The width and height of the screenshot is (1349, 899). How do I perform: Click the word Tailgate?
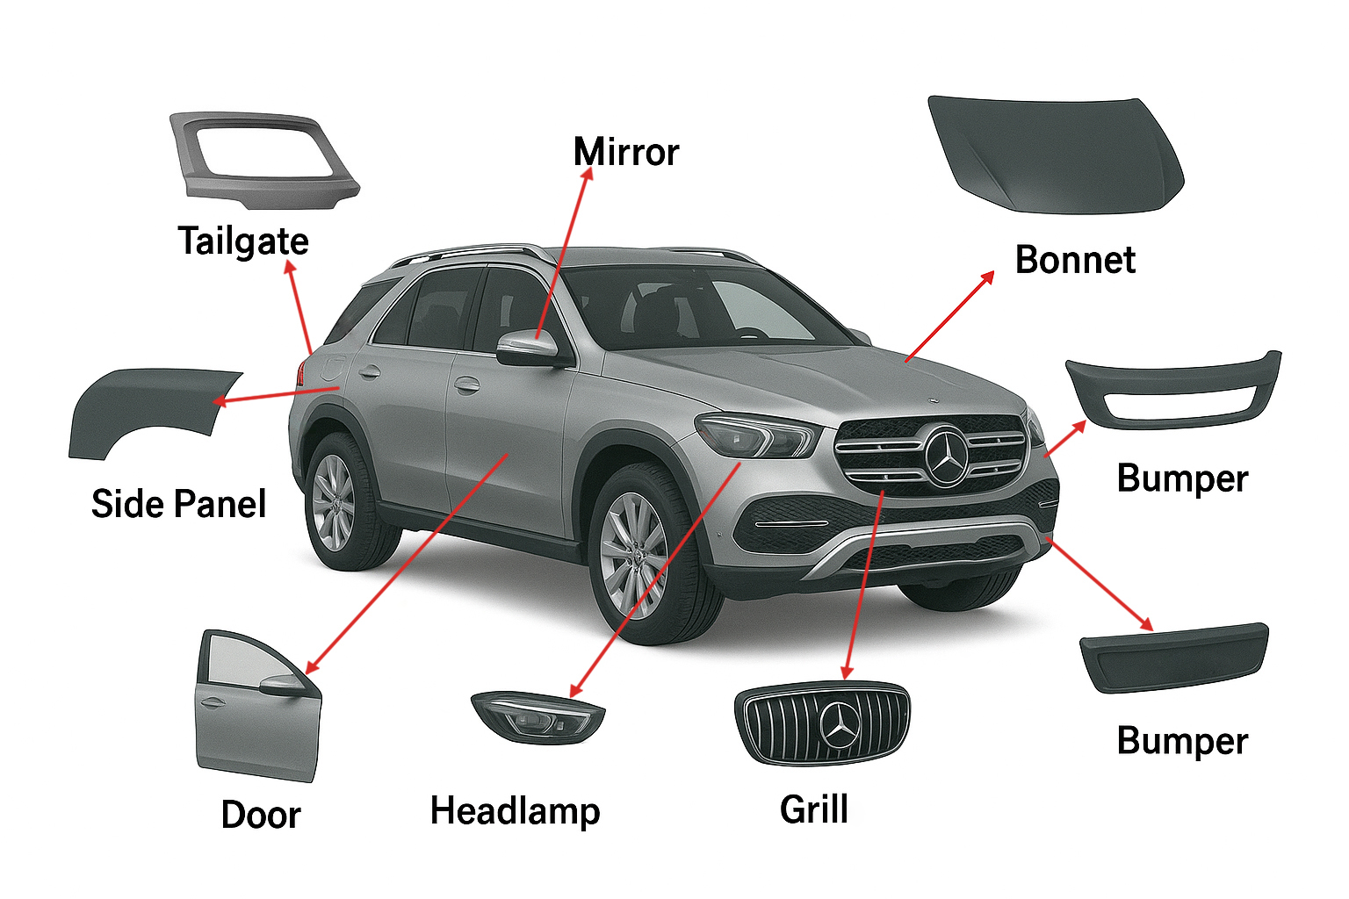243,241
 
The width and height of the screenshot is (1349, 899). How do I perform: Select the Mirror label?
625,152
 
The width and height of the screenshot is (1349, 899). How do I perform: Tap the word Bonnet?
1075,260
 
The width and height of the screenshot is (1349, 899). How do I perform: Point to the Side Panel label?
178,504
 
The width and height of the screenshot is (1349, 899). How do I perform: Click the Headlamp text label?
515,810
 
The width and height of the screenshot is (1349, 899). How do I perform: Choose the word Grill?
814,809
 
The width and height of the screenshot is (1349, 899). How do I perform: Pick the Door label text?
260,815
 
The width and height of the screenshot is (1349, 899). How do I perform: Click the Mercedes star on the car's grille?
947,455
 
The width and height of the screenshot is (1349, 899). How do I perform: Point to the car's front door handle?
465,385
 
